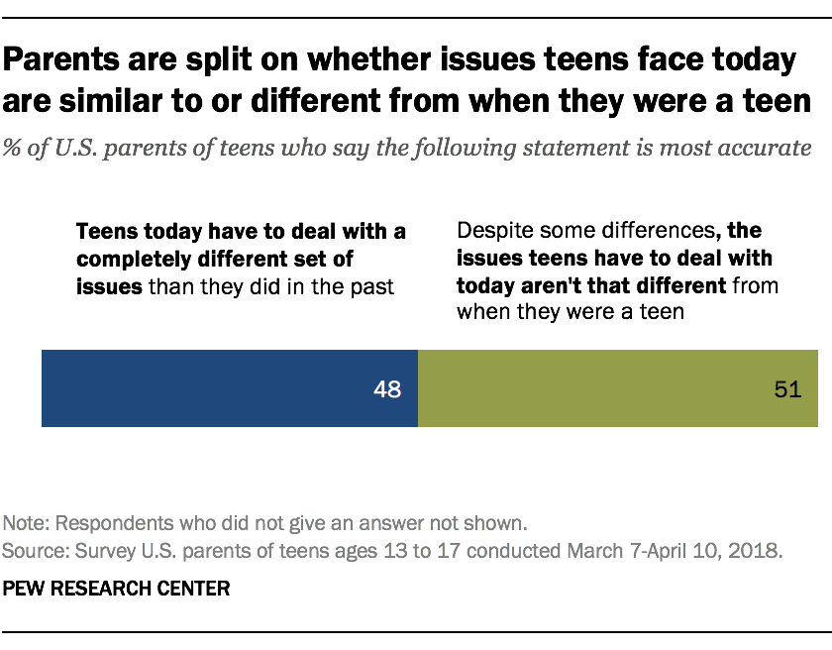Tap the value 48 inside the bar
(x=387, y=389)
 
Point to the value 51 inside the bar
(x=786, y=389)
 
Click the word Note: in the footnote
(x=26, y=523)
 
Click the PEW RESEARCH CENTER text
(x=117, y=589)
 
